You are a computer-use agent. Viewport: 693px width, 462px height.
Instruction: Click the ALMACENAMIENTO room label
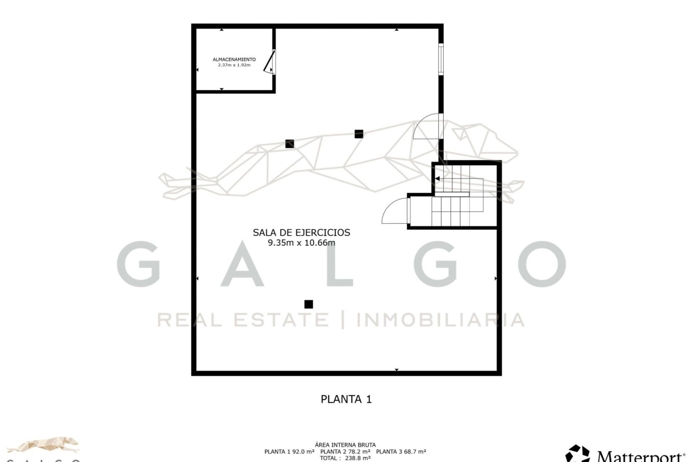click(x=234, y=59)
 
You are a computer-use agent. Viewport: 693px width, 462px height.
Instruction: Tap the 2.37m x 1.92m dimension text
click(x=234, y=65)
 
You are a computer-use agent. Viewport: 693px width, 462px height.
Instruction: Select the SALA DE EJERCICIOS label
click(x=301, y=232)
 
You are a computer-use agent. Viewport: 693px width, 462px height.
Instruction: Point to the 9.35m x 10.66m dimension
click(x=301, y=243)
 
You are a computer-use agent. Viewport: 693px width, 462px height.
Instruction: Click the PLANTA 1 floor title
click(x=346, y=399)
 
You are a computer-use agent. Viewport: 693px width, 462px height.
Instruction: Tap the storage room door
click(x=269, y=62)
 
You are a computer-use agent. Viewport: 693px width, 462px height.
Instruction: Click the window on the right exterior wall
click(x=441, y=59)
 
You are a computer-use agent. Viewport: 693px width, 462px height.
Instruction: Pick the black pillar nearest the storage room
click(x=290, y=144)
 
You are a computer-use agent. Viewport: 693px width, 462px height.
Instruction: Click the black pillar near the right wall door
click(x=359, y=134)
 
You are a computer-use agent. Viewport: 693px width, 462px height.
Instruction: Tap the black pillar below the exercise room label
click(x=308, y=304)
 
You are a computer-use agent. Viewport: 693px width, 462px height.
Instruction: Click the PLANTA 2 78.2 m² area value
click(x=345, y=451)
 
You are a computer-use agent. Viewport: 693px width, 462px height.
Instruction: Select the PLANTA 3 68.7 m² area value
click(x=401, y=451)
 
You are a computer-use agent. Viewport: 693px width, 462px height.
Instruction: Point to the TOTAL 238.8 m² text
click(x=345, y=458)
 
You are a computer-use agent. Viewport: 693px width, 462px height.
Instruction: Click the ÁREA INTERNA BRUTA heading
click(x=345, y=445)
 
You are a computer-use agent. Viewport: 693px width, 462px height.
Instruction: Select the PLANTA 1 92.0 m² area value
click(x=289, y=451)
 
